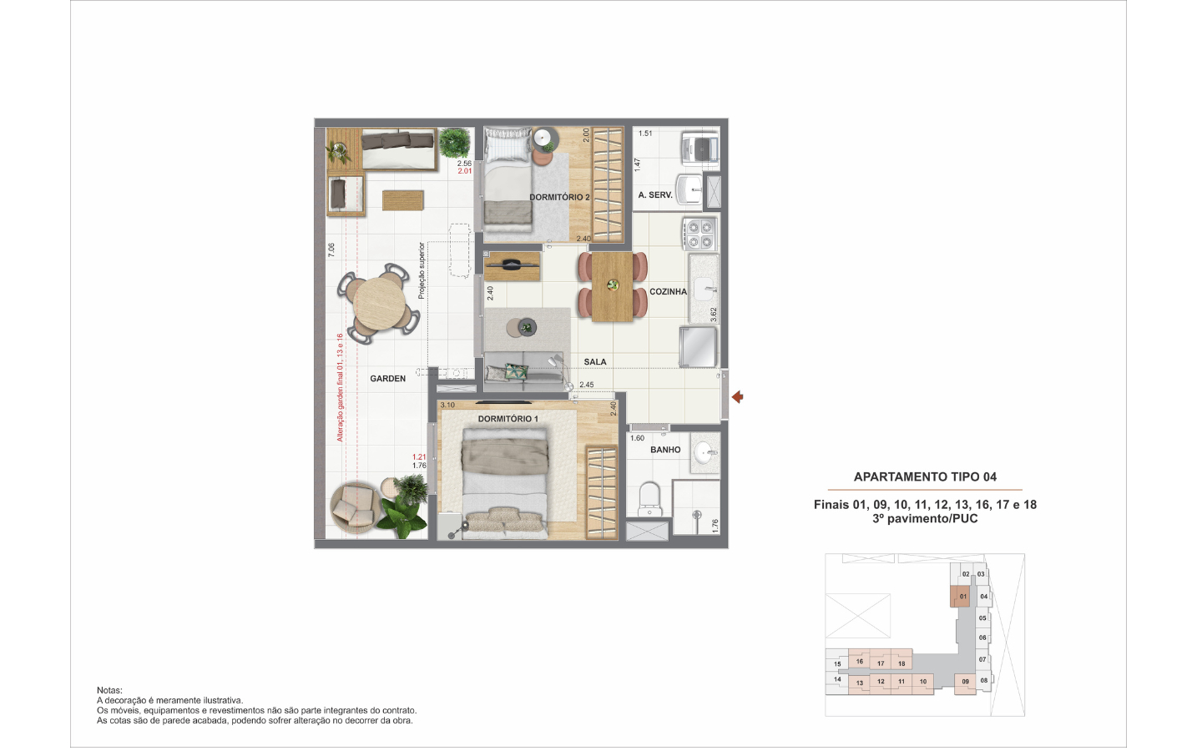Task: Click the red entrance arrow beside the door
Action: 738,397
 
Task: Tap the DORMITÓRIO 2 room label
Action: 559,198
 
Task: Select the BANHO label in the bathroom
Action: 665,450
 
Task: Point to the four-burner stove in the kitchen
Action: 699,234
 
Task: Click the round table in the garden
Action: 379,304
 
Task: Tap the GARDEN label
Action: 387,379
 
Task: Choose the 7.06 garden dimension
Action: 331,250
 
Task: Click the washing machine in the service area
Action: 699,148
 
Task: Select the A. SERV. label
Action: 655,195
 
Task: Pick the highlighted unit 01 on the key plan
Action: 960,597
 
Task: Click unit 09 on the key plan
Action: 965,683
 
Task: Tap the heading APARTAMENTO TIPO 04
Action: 925,477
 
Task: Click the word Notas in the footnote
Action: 109,690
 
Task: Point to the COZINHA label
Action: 668,292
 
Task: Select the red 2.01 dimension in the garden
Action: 465,171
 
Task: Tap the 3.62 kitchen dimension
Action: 713,315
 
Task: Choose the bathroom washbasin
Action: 705,454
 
